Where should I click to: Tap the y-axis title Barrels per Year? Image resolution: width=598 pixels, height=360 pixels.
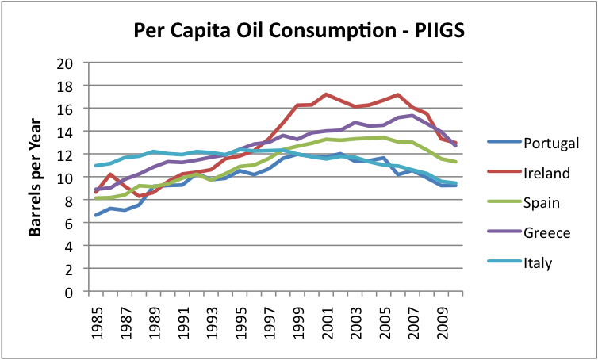pyautogui.click(x=36, y=177)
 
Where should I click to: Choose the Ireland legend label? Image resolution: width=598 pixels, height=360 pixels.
pyautogui.click(x=547, y=173)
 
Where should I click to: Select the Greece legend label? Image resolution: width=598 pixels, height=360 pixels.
pyautogui.click(x=547, y=232)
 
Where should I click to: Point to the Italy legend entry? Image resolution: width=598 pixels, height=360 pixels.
pyautogui.click(x=539, y=262)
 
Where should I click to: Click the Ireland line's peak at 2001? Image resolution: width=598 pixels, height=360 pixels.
pyautogui.click(x=326, y=94)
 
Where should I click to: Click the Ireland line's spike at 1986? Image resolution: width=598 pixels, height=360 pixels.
pyautogui.click(x=110, y=174)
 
